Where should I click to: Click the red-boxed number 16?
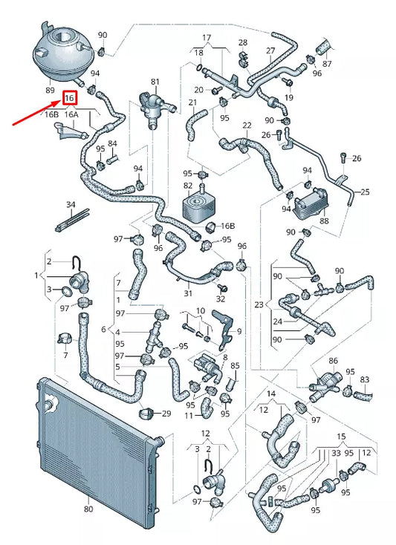[70, 98]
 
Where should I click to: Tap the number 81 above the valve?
[155, 82]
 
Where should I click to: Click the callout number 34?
[71, 204]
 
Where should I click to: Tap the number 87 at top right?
[328, 64]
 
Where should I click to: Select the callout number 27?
[270, 50]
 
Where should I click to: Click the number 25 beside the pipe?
[364, 192]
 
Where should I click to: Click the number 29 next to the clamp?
[166, 413]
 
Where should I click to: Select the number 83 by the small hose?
[365, 379]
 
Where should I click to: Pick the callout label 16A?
[71, 115]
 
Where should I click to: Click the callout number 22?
[247, 125]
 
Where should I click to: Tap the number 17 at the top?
[207, 37]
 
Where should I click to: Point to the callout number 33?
[336, 451]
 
